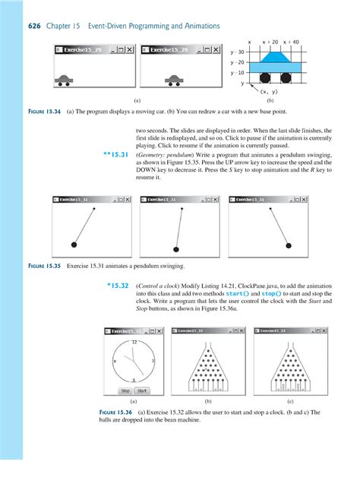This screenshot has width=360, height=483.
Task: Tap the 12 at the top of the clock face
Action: click(x=134, y=343)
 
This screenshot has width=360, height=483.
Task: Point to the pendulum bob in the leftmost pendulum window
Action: click(x=74, y=244)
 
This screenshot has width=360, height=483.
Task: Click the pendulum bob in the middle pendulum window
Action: click(x=176, y=248)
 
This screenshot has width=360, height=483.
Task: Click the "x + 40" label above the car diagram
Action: click(x=291, y=42)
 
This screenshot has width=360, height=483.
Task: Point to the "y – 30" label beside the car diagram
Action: click(x=238, y=51)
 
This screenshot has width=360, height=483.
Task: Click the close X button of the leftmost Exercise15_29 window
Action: click(x=129, y=49)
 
